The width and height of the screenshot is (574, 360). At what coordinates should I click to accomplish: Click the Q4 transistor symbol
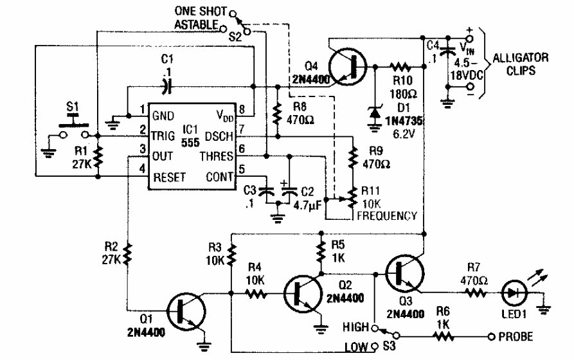click(348, 65)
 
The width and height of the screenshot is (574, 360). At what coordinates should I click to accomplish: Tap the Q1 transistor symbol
click(186, 311)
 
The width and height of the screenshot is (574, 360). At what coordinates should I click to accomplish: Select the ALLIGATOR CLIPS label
click(520, 64)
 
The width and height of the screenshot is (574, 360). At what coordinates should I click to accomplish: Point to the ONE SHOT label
click(199, 11)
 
